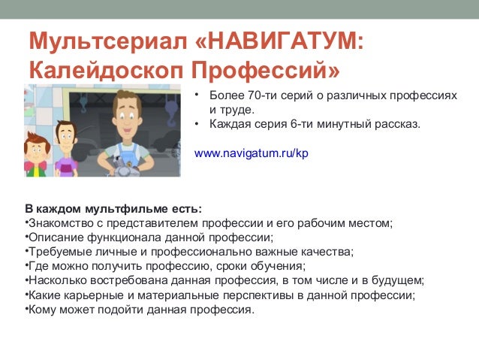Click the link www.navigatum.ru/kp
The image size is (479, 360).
pyautogui.click(x=252, y=153)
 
